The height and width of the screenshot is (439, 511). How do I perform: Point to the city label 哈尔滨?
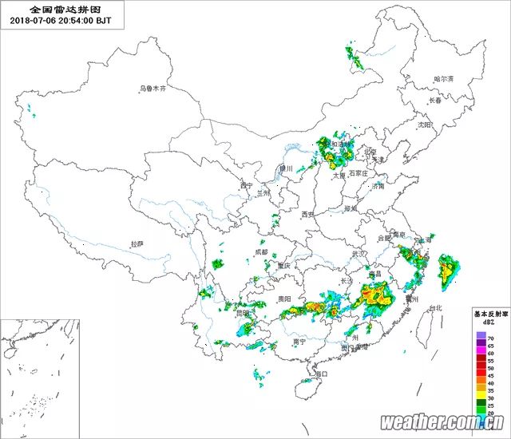[443, 79]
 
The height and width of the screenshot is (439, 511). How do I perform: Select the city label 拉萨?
[137, 244]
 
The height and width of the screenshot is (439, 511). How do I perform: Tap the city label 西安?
[309, 215]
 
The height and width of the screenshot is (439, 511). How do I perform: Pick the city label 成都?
[262, 252]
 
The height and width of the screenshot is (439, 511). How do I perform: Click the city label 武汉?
[358, 254]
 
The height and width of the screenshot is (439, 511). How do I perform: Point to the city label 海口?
[321, 373]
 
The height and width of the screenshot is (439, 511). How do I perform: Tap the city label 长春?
[435, 101]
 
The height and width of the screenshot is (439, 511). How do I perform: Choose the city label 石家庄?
[358, 172]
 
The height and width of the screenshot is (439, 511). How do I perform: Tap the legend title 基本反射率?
[485, 314]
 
